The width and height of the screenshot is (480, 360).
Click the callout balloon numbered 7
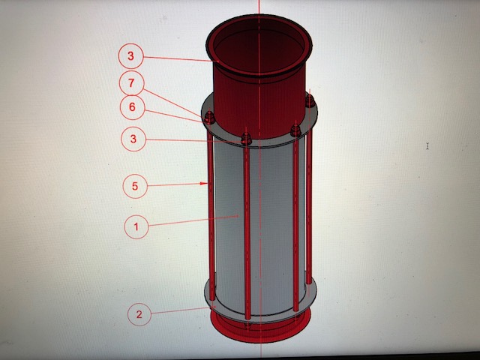pos(131,83)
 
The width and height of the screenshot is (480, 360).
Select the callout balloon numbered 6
pos(132,107)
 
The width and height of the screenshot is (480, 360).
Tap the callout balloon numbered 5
pos(135,186)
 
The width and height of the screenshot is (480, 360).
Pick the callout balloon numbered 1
pos(136,226)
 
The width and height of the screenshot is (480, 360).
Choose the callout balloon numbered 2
pos(139,314)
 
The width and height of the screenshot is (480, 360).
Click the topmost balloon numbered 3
pos(130,56)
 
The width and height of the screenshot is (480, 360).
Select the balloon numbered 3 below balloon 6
pos(133,139)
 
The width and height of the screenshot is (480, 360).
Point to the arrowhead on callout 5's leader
pos(204,183)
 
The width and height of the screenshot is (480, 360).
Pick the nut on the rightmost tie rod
pos(310,101)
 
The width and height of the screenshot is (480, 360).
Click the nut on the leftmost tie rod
pos(209,118)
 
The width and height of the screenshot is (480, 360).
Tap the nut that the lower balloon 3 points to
pos(247,139)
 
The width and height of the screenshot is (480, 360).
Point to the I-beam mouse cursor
pos(427,146)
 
